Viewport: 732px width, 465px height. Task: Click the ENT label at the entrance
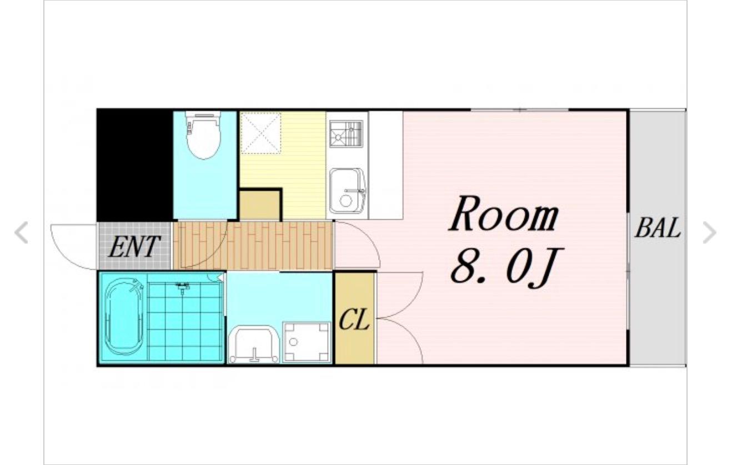point(134,247)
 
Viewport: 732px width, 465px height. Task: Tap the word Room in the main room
point(504,214)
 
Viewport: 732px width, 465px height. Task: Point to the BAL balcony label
point(658,228)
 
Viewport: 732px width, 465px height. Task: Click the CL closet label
point(354,319)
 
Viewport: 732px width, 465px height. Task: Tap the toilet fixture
point(203,135)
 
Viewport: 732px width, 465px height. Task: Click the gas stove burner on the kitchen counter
point(346,134)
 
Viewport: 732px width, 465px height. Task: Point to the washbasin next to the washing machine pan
point(254,345)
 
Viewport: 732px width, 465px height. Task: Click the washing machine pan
point(307,342)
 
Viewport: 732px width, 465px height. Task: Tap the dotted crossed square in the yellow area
point(260,133)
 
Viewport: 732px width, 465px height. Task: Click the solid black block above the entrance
point(134,165)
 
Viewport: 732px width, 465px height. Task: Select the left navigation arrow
point(22,232)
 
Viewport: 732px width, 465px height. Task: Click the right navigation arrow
point(709,232)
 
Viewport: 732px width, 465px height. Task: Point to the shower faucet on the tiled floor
point(182,287)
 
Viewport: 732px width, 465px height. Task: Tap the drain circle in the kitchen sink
point(346,200)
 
